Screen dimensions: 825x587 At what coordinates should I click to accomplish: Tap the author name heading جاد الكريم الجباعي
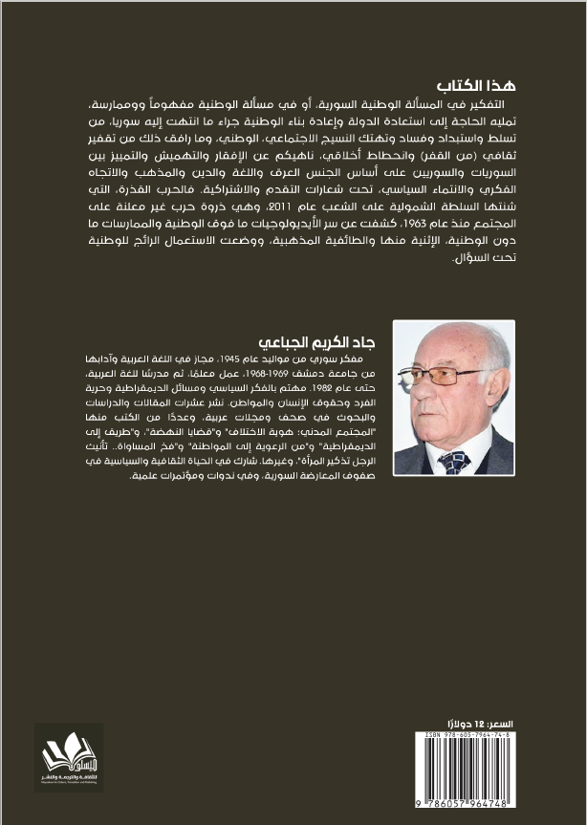tap(322, 341)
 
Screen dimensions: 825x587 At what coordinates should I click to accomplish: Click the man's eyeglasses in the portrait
tap(446, 376)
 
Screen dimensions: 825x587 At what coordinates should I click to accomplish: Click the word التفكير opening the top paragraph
tap(507, 101)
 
